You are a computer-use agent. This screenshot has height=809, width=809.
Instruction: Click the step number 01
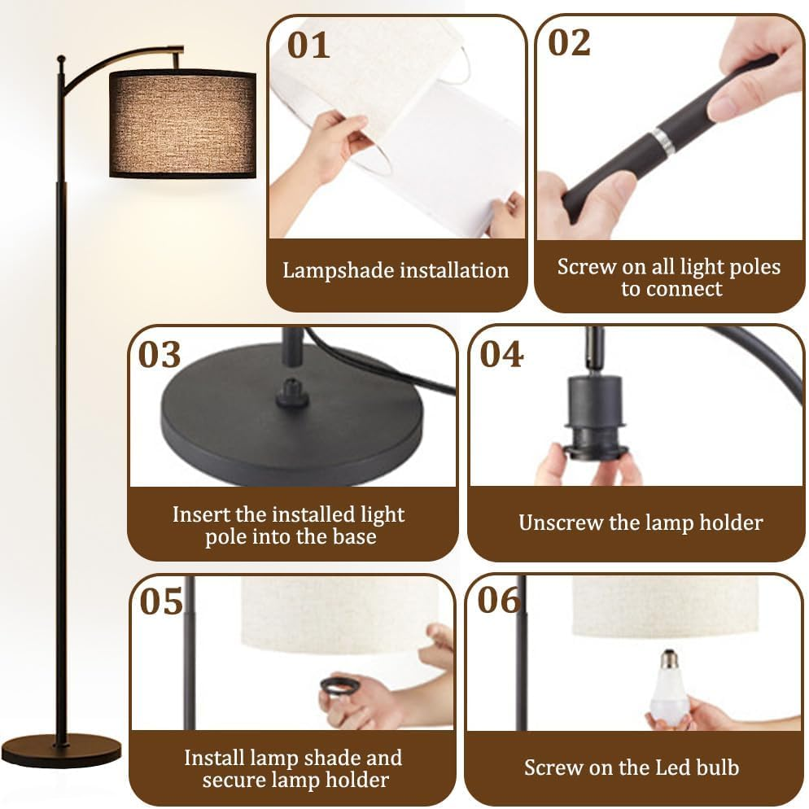(309, 45)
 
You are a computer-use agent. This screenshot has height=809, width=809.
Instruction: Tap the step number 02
(569, 42)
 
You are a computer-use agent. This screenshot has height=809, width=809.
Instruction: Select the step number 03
(160, 355)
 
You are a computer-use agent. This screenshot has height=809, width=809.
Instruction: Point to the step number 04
(501, 355)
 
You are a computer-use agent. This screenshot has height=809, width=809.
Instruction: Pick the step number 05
(162, 602)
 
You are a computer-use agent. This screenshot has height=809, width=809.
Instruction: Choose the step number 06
(499, 601)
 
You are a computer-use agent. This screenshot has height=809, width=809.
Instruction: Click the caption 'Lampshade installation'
(396, 271)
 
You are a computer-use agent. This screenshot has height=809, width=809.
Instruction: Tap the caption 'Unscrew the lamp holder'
(641, 523)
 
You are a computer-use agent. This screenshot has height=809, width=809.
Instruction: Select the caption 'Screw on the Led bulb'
(632, 767)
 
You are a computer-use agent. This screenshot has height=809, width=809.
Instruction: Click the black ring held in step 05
(339, 685)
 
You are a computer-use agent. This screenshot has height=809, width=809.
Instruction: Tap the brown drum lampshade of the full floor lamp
(182, 124)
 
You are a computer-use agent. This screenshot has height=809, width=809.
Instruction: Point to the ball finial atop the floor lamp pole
(61, 60)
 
